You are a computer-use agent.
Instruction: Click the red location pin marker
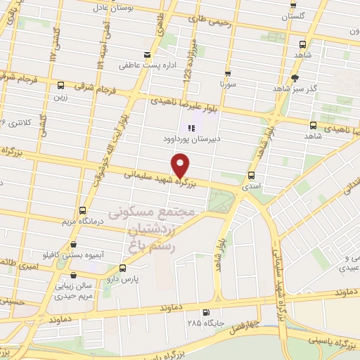tap(181, 165)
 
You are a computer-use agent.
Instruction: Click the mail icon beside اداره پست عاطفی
tap(146, 54)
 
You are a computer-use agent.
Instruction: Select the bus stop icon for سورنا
tap(228, 72)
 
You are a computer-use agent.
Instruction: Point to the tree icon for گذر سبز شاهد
tap(295, 77)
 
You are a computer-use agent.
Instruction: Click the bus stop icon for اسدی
tap(252, 174)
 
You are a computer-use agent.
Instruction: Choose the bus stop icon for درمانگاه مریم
tap(83, 210)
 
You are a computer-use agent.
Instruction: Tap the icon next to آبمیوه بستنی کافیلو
tap(74, 245)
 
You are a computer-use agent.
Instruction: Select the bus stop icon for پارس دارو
tap(123, 268)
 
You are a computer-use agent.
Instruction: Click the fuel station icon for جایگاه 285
tap(205, 313)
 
